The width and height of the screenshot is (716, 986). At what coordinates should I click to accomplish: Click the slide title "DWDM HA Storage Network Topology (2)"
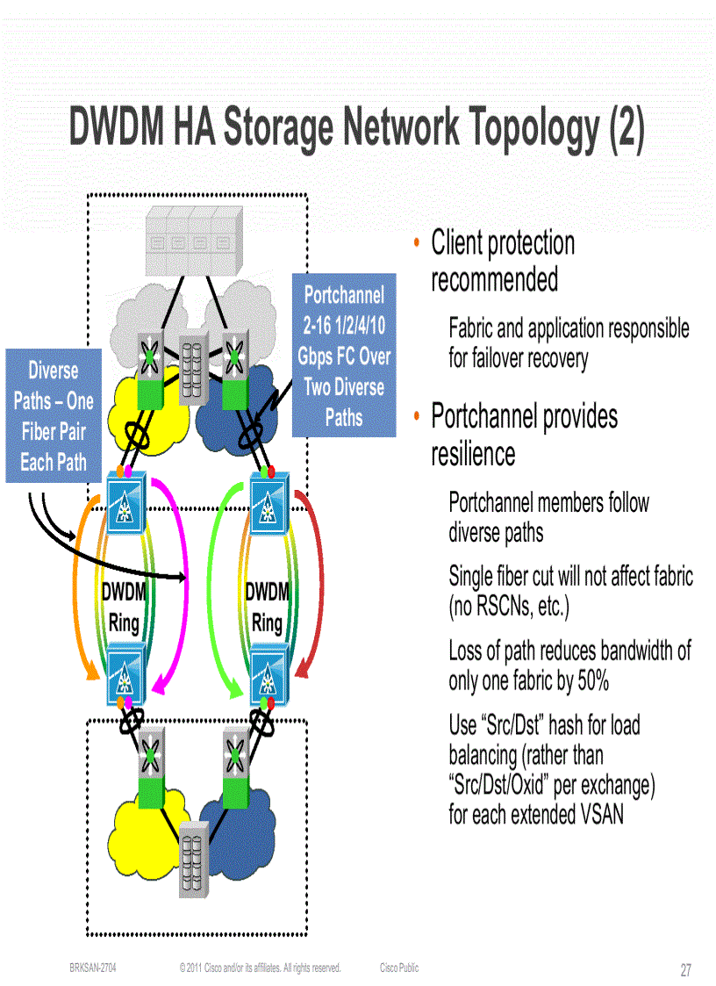(x=357, y=128)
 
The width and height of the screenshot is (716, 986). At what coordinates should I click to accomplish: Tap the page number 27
(x=685, y=970)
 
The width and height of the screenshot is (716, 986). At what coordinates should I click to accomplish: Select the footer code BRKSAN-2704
(x=93, y=968)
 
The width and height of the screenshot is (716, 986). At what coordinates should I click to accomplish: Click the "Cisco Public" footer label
(x=399, y=968)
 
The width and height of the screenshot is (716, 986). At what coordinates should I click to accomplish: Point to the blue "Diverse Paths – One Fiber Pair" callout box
(x=54, y=416)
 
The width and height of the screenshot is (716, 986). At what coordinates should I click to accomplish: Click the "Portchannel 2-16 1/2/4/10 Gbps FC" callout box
(x=343, y=356)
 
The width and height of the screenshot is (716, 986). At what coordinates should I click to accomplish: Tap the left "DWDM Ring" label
(x=123, y=608)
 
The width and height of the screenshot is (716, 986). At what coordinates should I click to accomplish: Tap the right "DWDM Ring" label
(x=267, y=608)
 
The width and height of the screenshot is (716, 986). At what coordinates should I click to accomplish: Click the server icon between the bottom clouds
(x=194, y=860)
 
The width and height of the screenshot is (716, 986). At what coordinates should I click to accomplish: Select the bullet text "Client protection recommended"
(x=503, y=262)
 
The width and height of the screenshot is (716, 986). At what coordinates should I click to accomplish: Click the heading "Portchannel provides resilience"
(x=524, y=435)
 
